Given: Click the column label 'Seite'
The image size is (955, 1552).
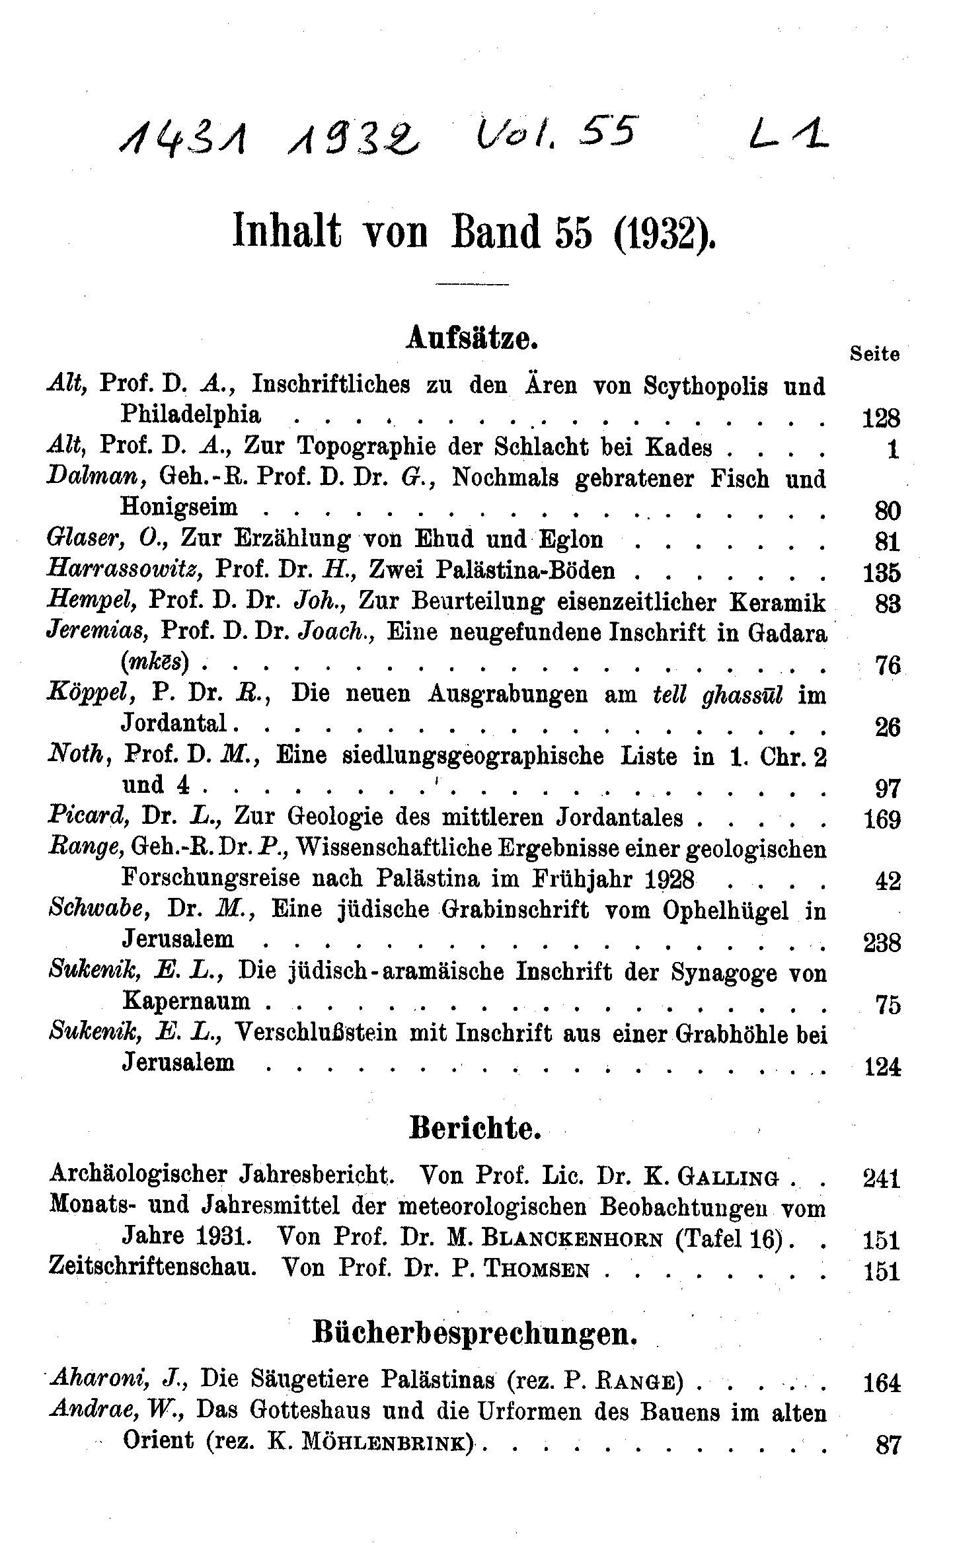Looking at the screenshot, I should click(x=874, y=354).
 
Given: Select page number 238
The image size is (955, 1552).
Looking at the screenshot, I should click(x=882, y=942).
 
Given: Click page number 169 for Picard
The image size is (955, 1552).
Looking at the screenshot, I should click(x=882, y=820).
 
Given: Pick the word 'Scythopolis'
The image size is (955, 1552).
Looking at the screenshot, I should click(x=705, y=386).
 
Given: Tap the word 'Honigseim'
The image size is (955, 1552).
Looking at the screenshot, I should click(x=179, y=507).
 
